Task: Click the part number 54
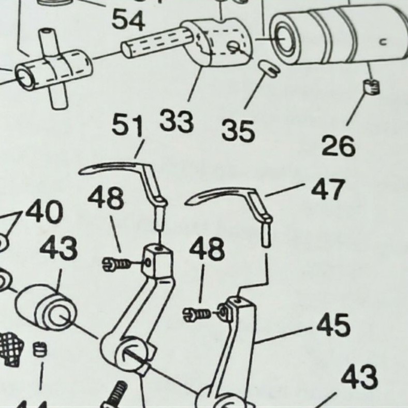(x=129, y=20)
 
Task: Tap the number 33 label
(x=177, y=122)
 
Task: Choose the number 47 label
(x=328, y=191)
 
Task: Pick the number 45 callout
(x=333, y=326)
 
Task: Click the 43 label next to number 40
(x=59, y=249)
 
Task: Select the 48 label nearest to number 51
(x=106, y=198)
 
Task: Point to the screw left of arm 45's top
(x=198, y=313)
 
